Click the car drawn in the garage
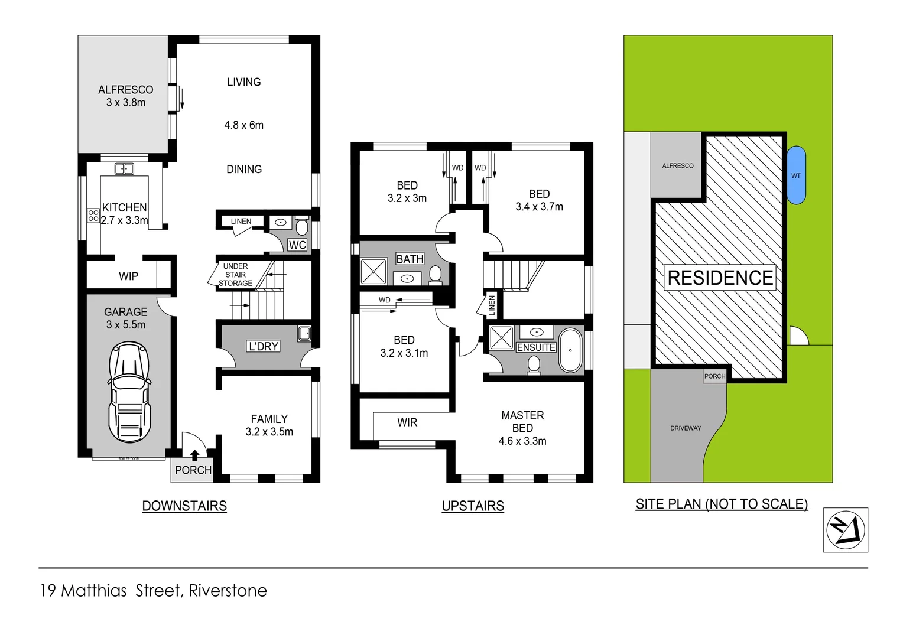click(129, 392)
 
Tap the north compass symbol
click(845, 530)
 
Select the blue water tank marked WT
click(796, 175)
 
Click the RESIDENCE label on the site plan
click(720, 278)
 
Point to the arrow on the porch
click(194, 455)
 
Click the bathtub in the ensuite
click(570, 350)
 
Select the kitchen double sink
click(124, 169)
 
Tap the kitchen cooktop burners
click(93, 216)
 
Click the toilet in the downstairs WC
click(301, 226)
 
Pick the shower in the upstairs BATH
click(373, 272)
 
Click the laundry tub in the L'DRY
click(304, 334)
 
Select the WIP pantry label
click(128, 276)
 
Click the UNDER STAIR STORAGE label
click(235, 275)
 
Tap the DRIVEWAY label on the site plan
click(686, 428)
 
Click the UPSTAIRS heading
click(473, 506)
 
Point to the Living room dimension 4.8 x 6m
click(243, 125)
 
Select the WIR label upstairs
click(407, 422)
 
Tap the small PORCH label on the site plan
click(714, 376)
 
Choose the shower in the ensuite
click(502, 338)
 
